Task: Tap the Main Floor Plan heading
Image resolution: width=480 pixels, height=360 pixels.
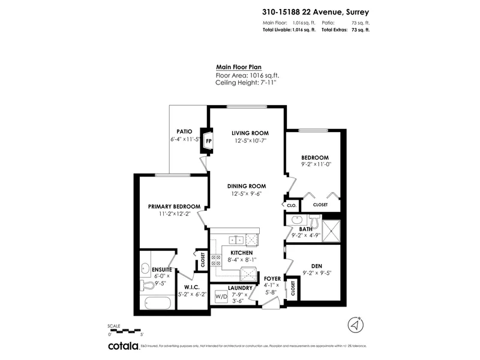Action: coord(239,68)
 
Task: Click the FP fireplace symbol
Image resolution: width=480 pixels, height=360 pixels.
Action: coord(209,141)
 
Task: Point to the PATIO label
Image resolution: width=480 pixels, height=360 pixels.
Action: coord(184,131)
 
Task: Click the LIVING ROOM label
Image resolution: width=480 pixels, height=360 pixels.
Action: coord(250,133)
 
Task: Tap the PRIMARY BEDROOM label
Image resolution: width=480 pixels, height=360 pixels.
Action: coord(174,206)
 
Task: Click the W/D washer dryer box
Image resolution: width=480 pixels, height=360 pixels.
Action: coord(221,296)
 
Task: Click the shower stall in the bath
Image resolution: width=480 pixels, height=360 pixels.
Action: coord(331,230)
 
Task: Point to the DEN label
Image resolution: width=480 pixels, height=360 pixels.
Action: coord(317,266)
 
